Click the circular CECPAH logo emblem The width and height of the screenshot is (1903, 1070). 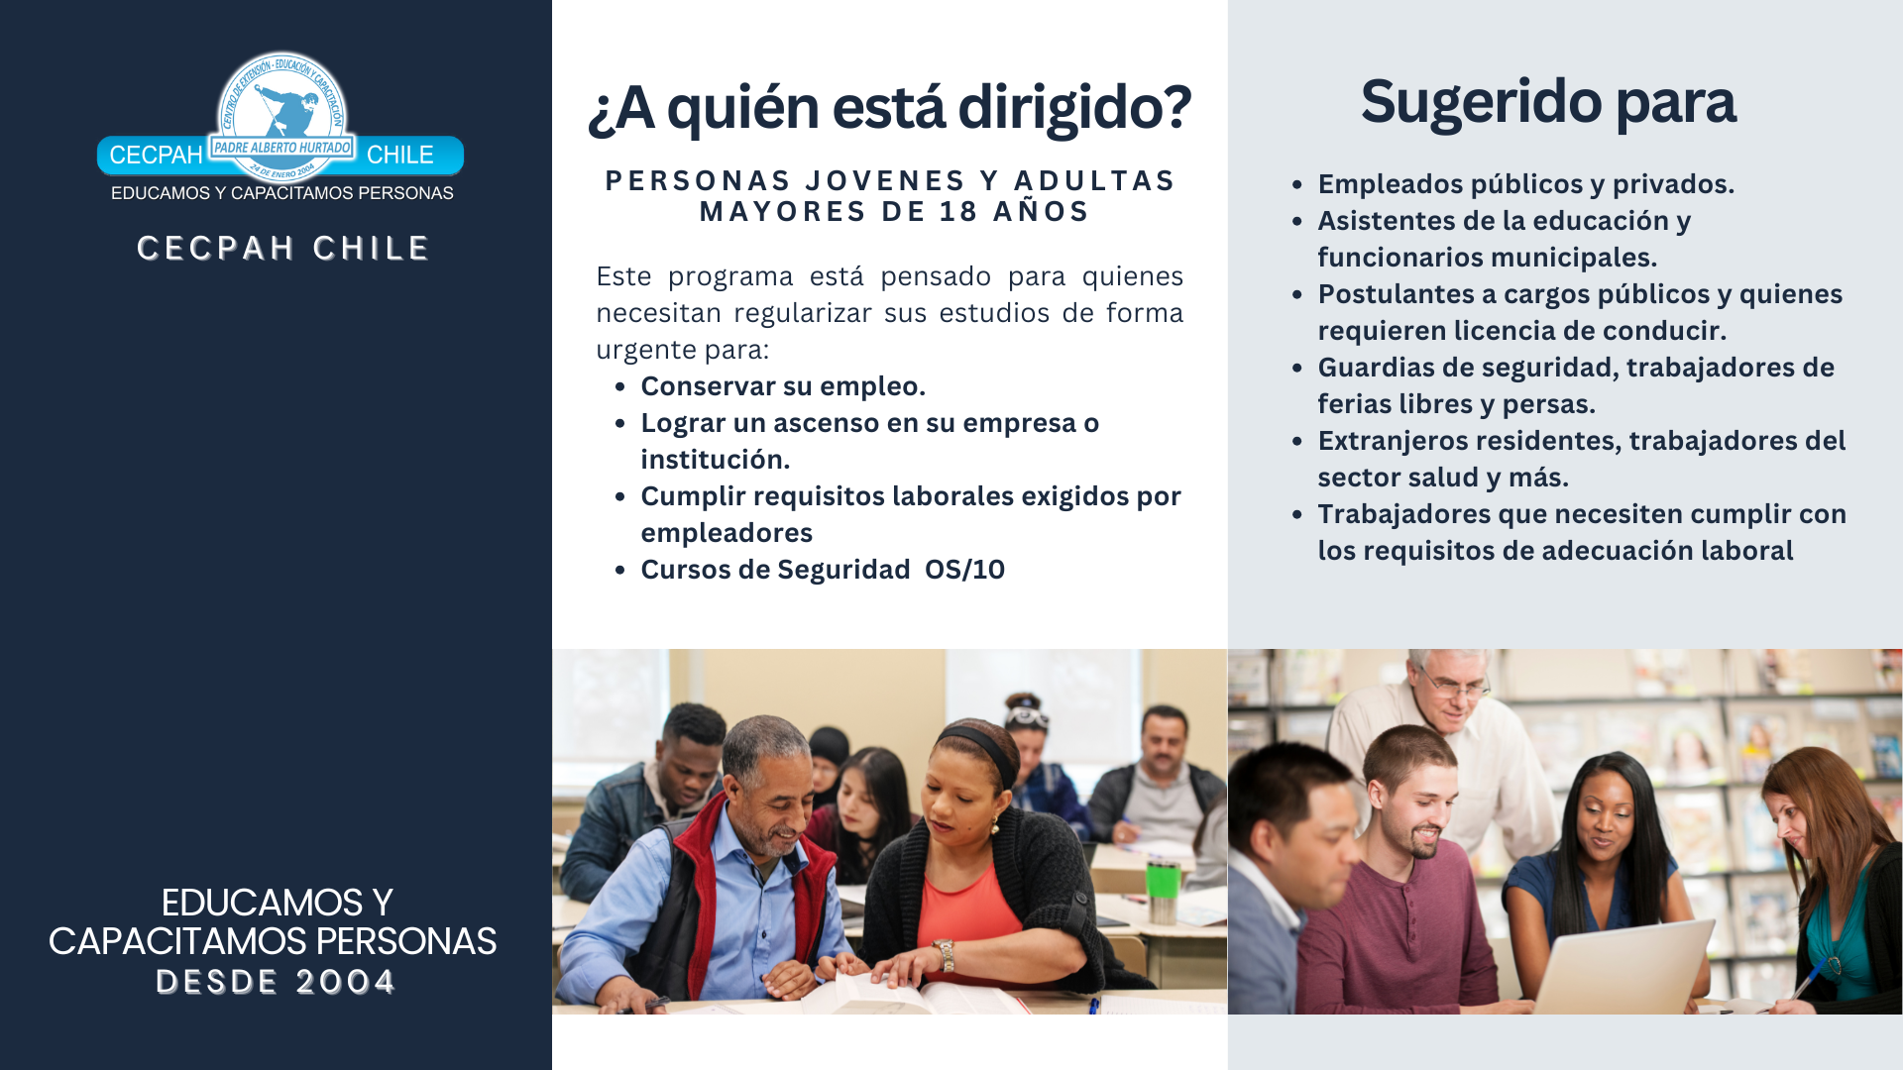click(x=282, y=114)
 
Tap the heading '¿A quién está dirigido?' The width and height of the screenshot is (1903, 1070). click(x=889, y=107)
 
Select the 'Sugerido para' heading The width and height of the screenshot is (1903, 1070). click(x=1548, y=101)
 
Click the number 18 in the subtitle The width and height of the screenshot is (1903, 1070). click(x=959, y=212)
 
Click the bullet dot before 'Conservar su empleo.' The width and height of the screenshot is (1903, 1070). click(x=620, y=387)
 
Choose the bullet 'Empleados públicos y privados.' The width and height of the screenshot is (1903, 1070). click(x=1525, y=184)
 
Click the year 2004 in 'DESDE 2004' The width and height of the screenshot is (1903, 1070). click(x=345, y=982)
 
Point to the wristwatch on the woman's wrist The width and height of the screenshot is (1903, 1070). click(x=946, y=954)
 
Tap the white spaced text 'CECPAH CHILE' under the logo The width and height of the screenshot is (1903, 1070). click(x=282, y=248)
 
